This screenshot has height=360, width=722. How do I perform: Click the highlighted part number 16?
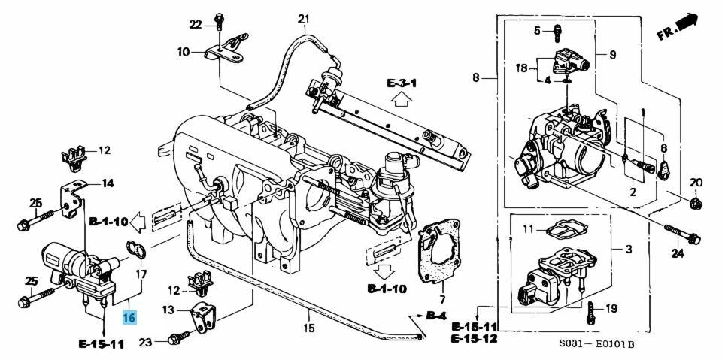129,318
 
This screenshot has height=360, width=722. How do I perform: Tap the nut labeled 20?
695,202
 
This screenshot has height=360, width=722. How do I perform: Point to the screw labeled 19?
591,309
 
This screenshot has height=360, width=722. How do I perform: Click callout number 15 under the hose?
308,328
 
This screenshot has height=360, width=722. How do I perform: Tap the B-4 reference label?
436,314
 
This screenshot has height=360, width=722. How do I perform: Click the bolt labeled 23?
177,339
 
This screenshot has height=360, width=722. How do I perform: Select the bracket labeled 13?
204,316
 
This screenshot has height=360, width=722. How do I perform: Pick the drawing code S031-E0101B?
596,345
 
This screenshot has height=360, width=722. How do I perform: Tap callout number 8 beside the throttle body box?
476,77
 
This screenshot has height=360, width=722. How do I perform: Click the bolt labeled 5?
557,32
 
